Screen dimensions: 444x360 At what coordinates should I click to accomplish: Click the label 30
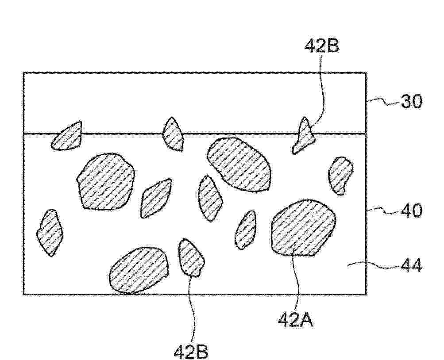(x=411, y=102)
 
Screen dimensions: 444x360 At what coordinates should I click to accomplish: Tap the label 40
(x=411, y=211)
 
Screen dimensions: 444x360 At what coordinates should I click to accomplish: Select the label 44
(x=411, y=266)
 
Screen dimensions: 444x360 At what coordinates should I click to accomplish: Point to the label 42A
(x=295, y=320)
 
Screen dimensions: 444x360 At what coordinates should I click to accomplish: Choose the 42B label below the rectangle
(x=190, y=352)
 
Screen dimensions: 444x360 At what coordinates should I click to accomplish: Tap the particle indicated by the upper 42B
(x=303, y=136)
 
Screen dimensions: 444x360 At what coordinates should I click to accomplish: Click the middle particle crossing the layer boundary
(x=173, y=134)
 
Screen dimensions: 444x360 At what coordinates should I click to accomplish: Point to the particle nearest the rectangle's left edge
(x=50, y=233)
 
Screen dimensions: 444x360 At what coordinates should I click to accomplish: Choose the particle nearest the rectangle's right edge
(x=341, y=176)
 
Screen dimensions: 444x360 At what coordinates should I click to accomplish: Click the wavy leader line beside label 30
(x=384, y=102)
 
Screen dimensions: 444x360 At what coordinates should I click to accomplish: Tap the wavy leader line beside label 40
(x=384, y=211)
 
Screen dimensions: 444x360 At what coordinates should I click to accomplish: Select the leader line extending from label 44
(x=374, y=265)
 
